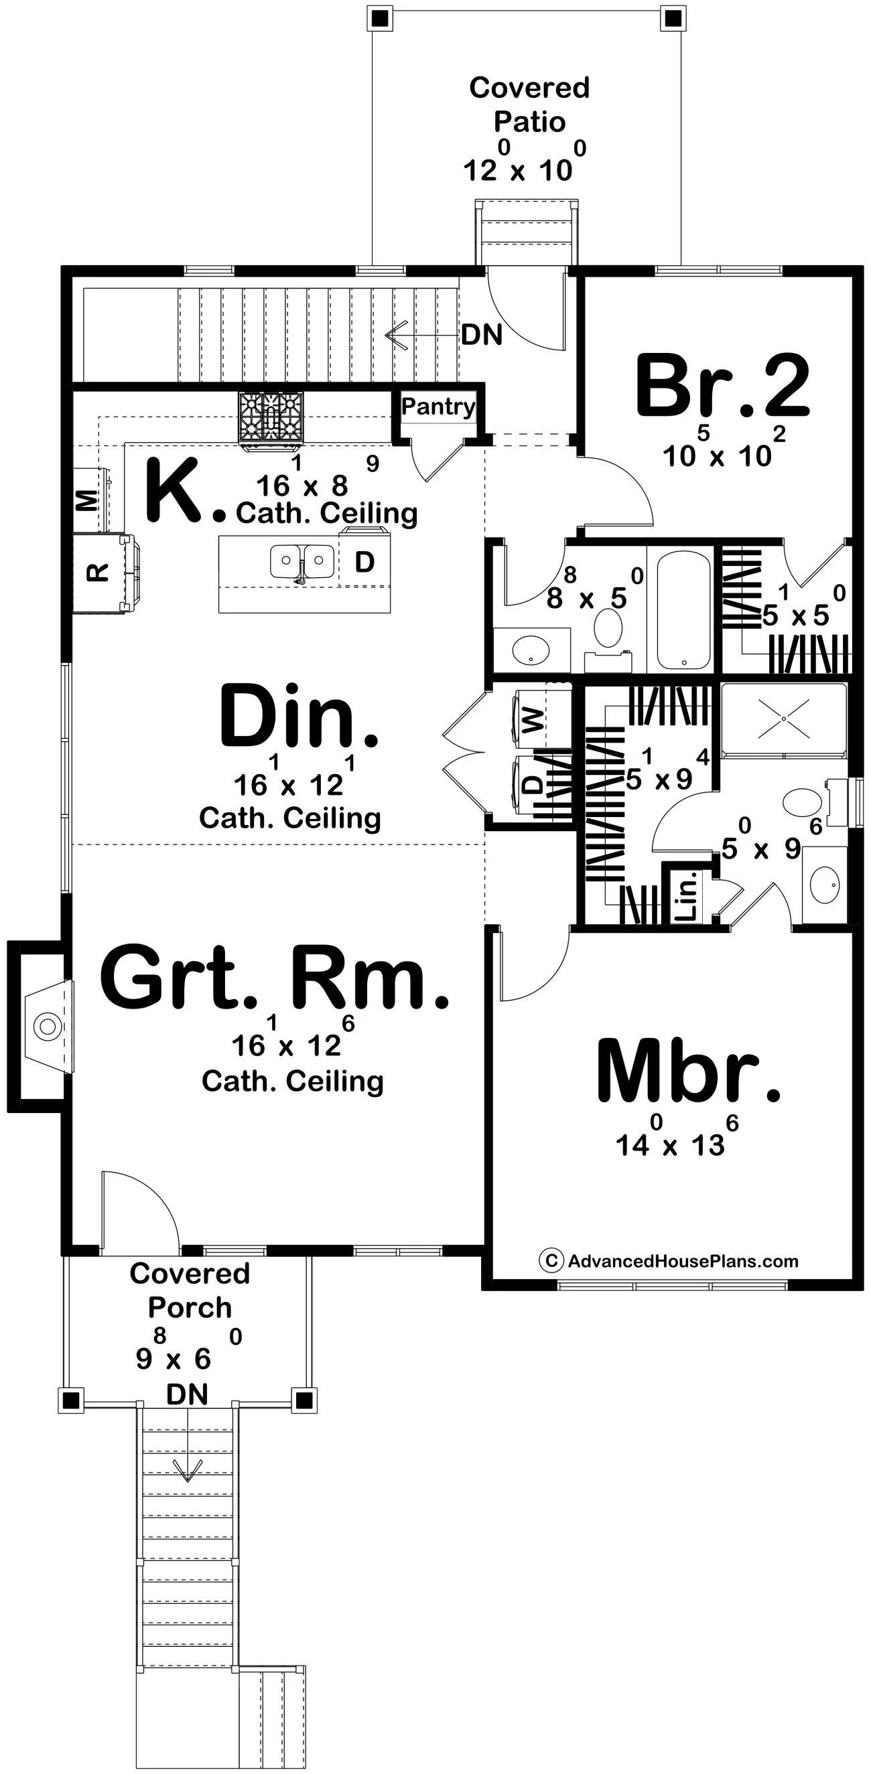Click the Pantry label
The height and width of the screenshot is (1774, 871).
(x=438, y=406)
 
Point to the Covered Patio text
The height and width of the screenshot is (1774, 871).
(x=529, y=104)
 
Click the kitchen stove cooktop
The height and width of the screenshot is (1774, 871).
(x=271, y=417)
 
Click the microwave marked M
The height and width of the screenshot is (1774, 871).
(x=88, y=500)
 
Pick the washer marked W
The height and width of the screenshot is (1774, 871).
(x=532, y=721)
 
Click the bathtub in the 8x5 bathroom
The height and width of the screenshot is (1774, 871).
(x=683, y=609)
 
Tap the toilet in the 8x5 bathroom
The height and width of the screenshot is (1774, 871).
(x=608, y=628)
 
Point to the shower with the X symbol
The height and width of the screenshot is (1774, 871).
(x=783, y=720)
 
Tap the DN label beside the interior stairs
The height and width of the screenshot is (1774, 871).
(x=482, y=336)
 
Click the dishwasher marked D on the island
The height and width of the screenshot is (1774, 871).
(x=364, y=563)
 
